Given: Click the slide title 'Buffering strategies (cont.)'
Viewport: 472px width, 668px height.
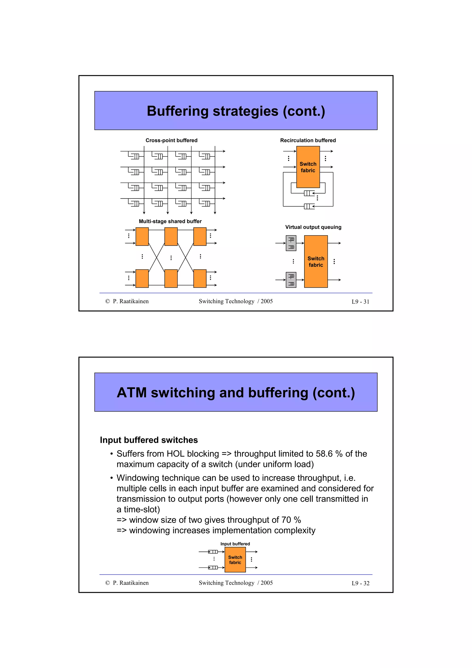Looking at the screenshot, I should [236, 111].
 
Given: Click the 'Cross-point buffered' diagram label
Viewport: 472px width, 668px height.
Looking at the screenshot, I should [171, 140].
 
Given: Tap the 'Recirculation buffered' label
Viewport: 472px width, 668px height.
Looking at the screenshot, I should [308, 140].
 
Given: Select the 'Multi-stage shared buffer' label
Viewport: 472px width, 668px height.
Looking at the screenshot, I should [170, 221].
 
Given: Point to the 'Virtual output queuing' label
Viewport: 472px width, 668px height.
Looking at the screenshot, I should [313, 227].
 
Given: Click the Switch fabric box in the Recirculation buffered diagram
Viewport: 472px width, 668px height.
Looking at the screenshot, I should [308, 167].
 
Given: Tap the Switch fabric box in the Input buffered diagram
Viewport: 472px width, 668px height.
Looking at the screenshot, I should [235, 559].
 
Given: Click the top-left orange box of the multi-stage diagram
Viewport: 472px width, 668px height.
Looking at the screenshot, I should [142, 236].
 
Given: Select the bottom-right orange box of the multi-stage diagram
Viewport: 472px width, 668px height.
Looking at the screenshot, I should [200, 278].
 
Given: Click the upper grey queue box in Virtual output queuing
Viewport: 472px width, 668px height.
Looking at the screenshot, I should [291, 243].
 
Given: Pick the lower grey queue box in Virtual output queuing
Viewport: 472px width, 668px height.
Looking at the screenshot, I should [291, 280].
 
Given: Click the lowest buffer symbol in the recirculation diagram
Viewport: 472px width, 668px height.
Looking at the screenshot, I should [309, 206].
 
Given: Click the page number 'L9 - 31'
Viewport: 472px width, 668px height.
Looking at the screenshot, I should [360, 302].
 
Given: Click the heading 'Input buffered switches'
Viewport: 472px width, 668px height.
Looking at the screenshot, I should [149, 440].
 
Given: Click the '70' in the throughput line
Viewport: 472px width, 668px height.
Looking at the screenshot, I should [286, 520].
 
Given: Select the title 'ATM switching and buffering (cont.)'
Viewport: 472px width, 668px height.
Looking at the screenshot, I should [236, 393].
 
